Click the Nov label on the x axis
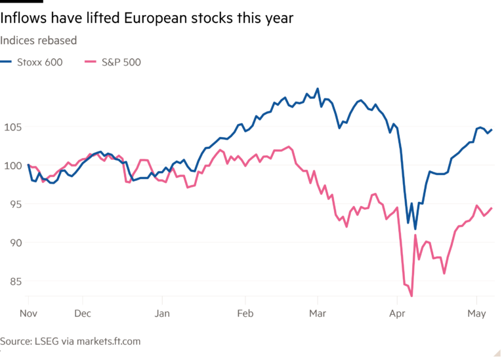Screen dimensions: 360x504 tap(29, 313)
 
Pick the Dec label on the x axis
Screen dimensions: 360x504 tap(82, 313)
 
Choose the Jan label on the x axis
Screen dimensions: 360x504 tap(162, 313)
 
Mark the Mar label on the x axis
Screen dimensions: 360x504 tap(317, 313)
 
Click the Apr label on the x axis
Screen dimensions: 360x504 tap(396, 313)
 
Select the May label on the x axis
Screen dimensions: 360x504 tap(476, 313)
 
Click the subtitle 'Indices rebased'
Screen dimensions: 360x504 tap(38, 41)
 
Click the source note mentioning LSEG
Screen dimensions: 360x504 tap(70, 342)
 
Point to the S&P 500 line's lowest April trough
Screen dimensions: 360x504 tap(411, 296)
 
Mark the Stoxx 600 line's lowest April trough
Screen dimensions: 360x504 tap(415, 229)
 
